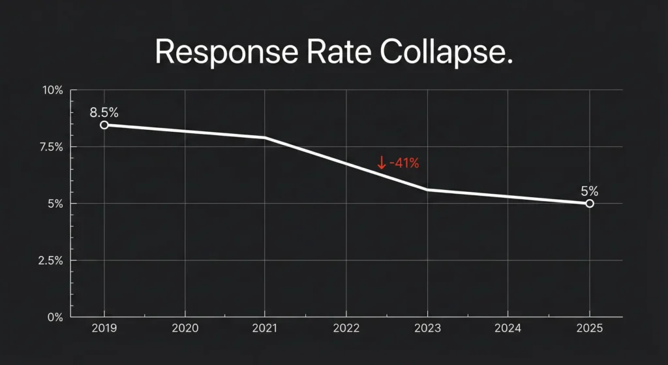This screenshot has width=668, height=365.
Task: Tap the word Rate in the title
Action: coord(338,51)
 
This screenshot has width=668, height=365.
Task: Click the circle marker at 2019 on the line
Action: coord(104,125)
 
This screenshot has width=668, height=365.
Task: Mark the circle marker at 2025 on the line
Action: coord(590,204)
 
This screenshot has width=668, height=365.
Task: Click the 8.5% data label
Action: coord(104,112)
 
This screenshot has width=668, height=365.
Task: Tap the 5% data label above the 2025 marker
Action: coord(589,191)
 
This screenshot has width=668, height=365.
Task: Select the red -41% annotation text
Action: coord(404,163)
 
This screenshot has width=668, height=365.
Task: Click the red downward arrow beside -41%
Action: coord(382,163)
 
